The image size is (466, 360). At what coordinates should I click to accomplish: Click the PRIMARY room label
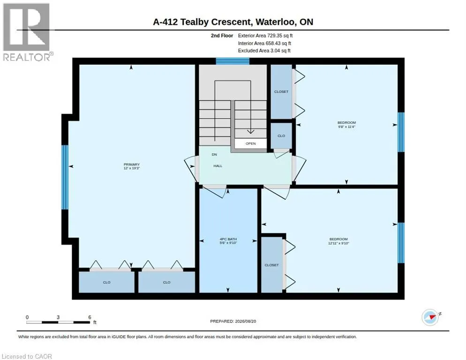tap(132, 165)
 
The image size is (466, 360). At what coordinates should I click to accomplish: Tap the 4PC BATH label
tap(228, 239)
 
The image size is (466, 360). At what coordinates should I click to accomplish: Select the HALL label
tap(218, 166)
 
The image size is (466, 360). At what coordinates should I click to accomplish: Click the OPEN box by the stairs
tap(250, 143)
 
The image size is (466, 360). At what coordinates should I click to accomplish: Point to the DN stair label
tap(214, 155)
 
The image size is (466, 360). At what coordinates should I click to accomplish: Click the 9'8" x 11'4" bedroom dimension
tap(346, 127)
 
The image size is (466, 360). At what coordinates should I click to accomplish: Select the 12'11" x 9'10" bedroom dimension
tap(338, 243)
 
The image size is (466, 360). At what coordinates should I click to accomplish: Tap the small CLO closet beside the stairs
tap(281, 136)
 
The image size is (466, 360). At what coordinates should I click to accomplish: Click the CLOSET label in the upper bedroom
tap(281, 91)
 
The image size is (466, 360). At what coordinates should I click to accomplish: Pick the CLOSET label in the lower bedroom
tap(271, 265)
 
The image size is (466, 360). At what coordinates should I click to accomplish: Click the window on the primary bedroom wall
tap(65, 177)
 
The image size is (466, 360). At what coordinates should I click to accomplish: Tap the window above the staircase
tap(233, 61)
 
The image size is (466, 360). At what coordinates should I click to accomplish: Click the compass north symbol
tap(430, 317)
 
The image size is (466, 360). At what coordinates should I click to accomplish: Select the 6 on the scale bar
tap(90, 317)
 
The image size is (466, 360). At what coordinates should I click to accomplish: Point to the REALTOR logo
tap(27, 32)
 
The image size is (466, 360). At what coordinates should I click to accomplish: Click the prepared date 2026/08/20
tap(246, 322)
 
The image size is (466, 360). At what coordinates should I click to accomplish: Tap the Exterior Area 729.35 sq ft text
tap(265, 36)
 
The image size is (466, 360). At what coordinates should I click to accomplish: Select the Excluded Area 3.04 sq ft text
tap(264, 51)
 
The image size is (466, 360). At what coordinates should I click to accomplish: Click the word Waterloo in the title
tap(275, 22)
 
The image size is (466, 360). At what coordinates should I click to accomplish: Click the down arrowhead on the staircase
tap(250, 131)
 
